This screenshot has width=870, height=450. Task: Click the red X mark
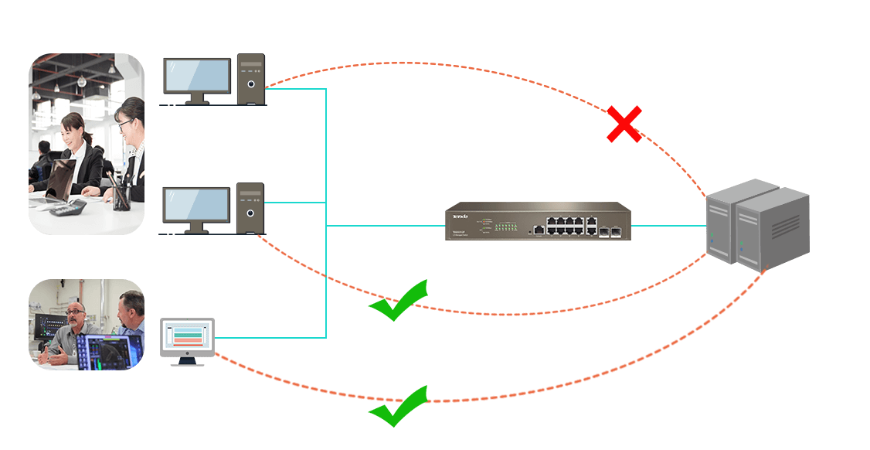point(624,125)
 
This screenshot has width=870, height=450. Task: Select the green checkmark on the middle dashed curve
point(399,301)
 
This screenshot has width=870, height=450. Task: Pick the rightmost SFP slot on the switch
point(616,230)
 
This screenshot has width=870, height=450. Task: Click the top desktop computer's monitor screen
point(197,75)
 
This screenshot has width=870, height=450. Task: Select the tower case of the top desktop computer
point(250,79)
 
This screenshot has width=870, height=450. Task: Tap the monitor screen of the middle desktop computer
point(197,205)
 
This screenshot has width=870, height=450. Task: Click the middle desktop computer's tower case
point(250,209)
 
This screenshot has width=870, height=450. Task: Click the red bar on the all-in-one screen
point(187,343)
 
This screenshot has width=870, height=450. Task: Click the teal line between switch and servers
point(669,226)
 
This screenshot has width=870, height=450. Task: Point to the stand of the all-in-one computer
point(187,360)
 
